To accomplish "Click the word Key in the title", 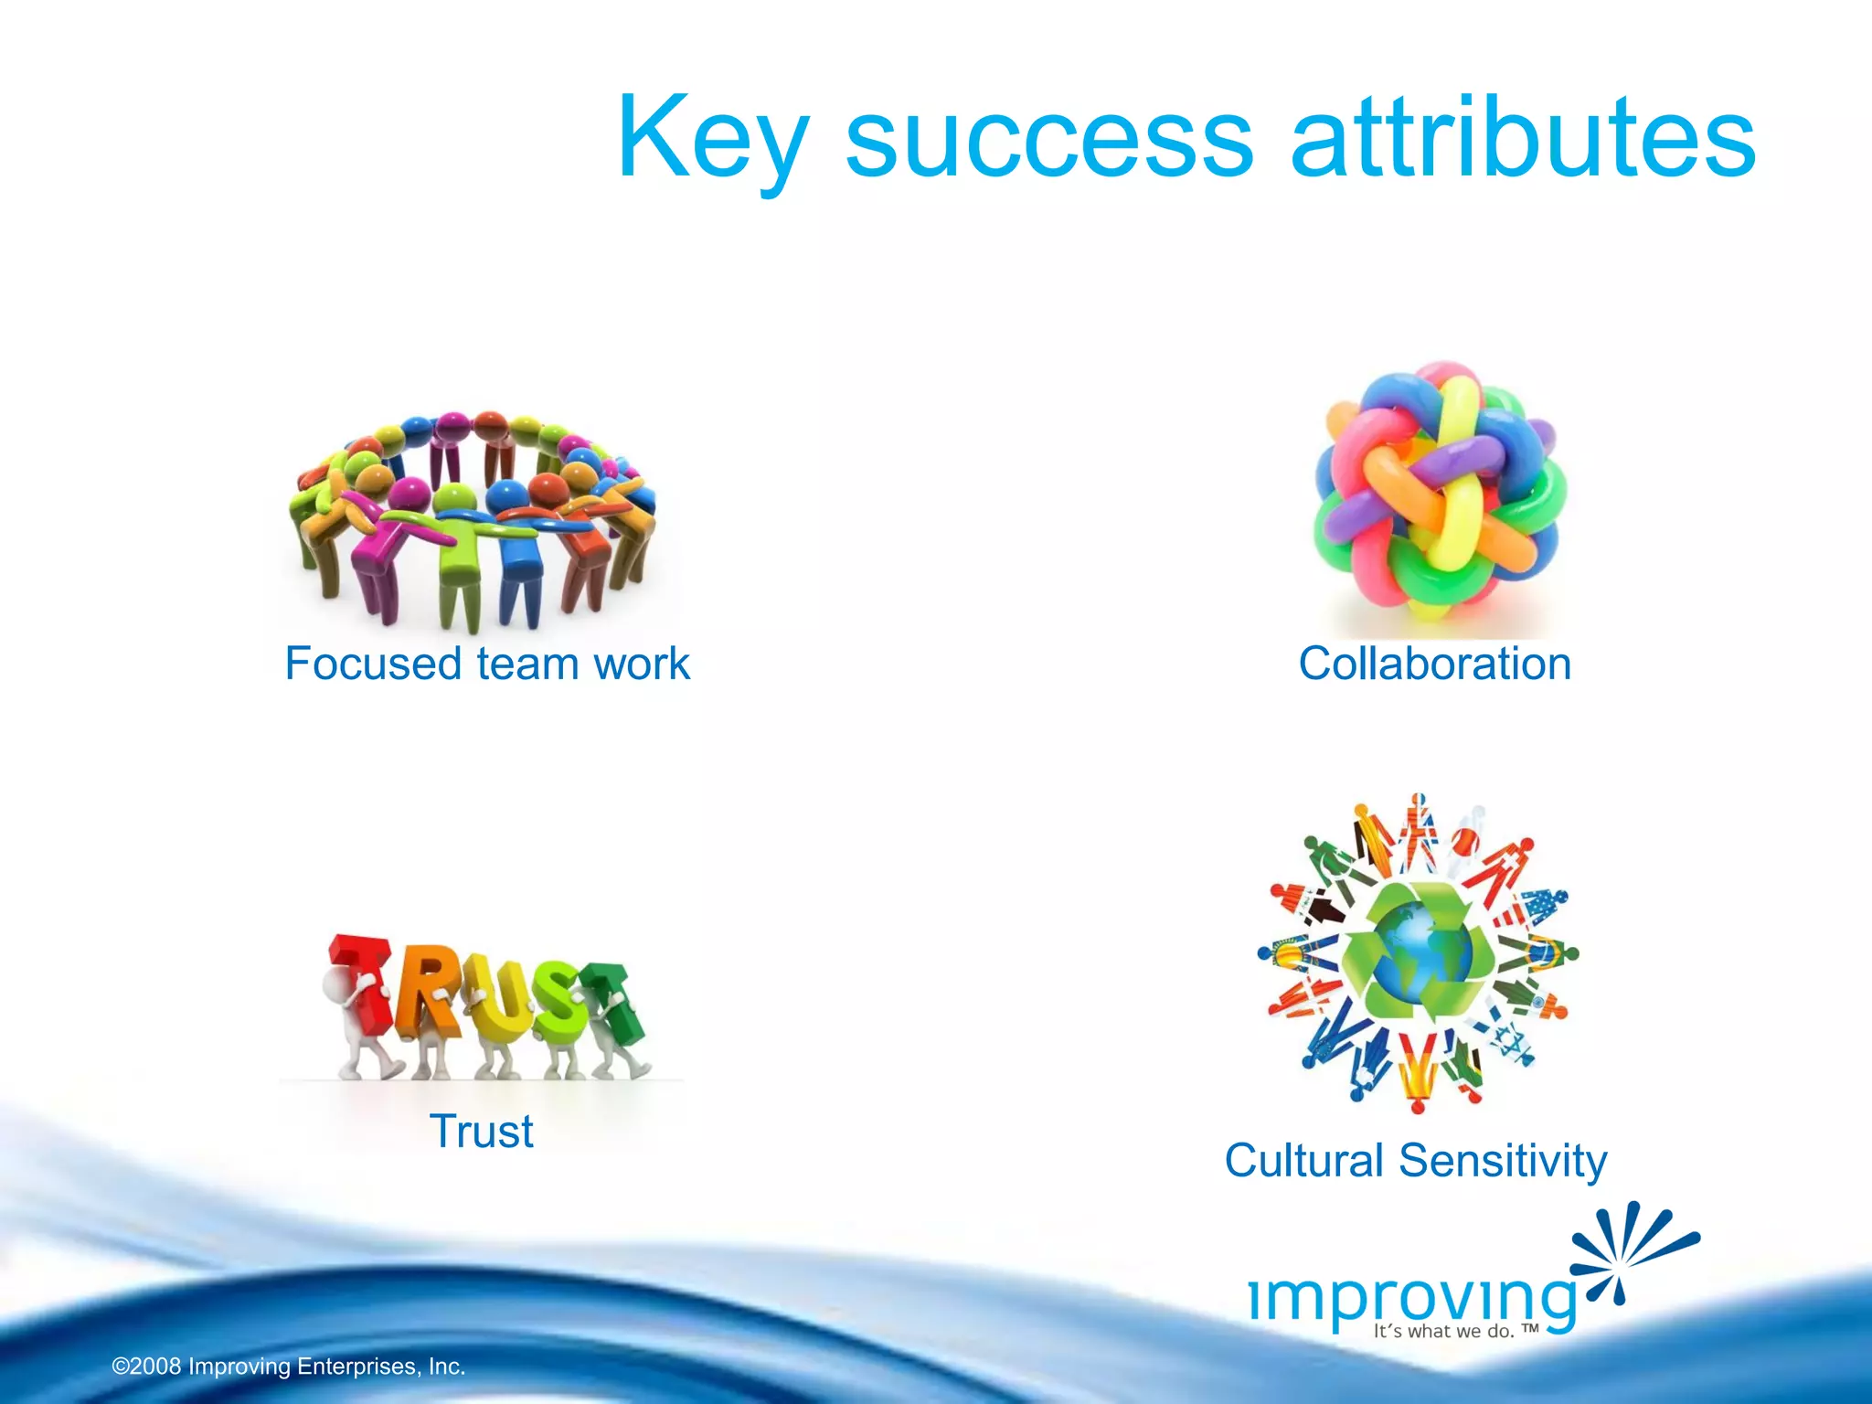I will (713, 139).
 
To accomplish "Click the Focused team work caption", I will (487, 664).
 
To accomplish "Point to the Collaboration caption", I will (1434, 664).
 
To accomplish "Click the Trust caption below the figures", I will (482, 1132).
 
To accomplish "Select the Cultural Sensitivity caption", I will (1415, 1161).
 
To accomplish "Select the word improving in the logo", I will (1412, 1298).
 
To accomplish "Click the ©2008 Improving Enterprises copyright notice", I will (289, 1367).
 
